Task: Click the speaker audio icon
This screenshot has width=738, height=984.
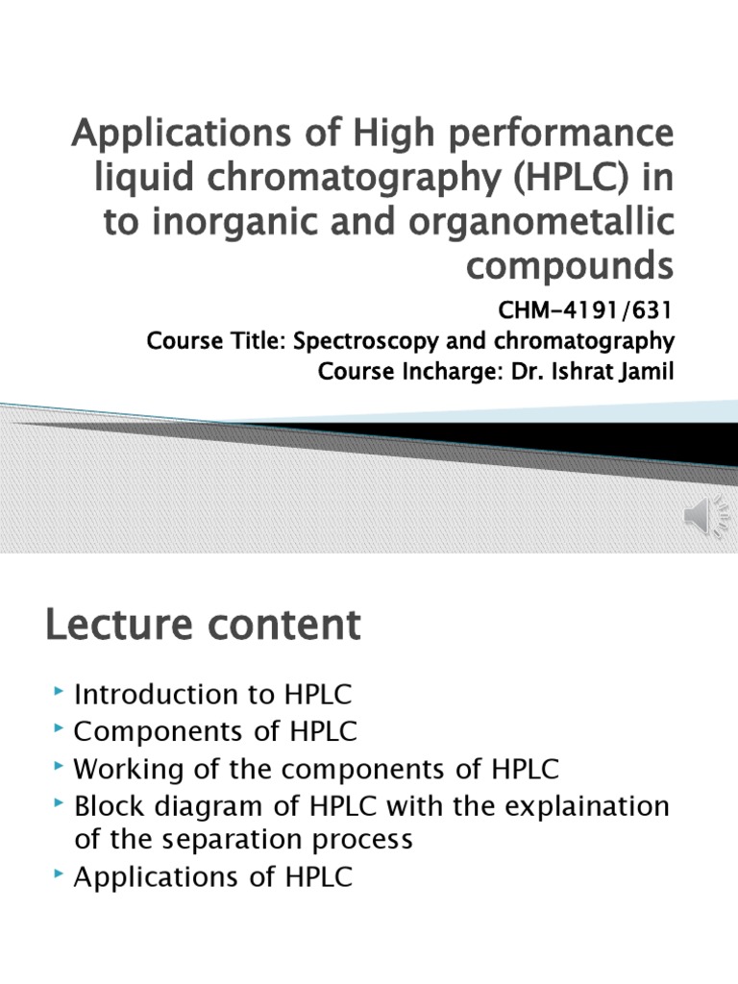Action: (705, 516)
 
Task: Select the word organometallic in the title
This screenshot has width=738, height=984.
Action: (541, 222)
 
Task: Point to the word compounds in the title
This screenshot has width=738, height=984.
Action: (570, 266)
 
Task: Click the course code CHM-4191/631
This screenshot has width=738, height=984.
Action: (584, 310)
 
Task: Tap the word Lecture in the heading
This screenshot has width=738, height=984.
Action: (118, 625)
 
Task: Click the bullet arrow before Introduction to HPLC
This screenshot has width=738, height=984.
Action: (59, 692)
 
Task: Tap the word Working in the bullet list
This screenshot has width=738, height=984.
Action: (129, 770)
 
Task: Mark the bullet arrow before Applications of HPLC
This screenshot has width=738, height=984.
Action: (59, 873)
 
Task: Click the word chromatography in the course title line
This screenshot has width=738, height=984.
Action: (584, 341)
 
